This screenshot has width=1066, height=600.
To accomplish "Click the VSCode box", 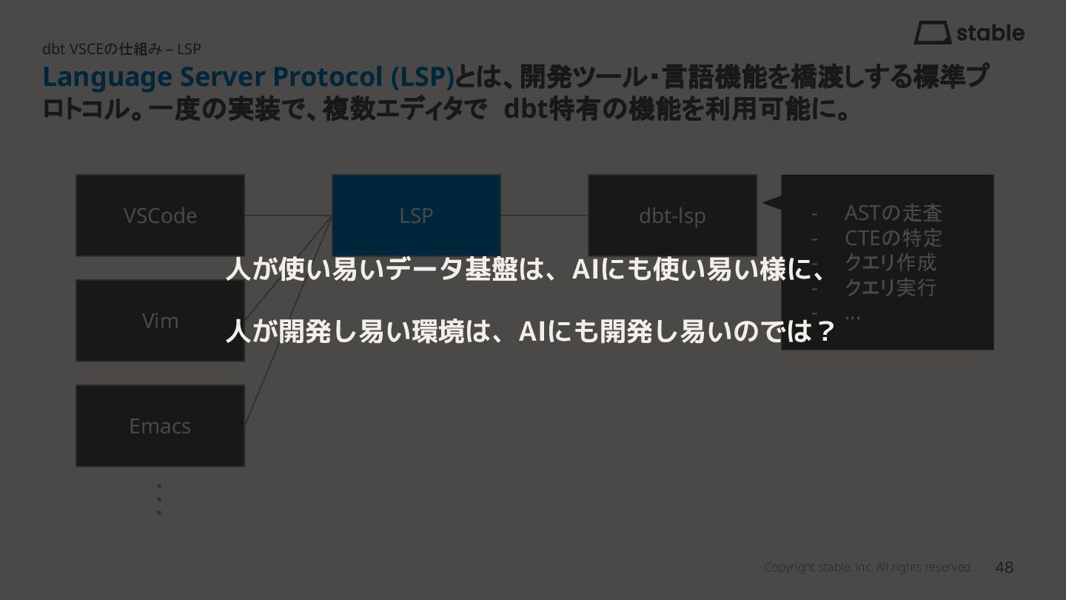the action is coord(160,216).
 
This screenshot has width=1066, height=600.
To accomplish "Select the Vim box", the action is coord(160,321).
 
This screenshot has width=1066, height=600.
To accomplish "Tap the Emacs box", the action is coord(160,426).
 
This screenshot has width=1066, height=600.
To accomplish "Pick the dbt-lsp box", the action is coord(672,216).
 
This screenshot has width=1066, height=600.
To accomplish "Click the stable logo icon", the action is coord(932,33).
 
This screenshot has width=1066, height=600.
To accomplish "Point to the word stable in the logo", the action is coord(990,33).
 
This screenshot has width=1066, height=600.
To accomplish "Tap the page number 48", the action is coord(1005,567).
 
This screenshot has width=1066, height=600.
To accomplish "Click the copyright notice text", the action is coord(868,567).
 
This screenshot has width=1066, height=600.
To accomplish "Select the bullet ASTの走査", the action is coord(893,213).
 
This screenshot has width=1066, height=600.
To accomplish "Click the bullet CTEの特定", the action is coord(893,238).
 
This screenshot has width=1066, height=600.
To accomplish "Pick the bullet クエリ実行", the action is coord(891,287).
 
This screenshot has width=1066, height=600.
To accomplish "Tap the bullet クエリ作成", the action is coord(891,262).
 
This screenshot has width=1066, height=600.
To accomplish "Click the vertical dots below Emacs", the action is coord(159,499).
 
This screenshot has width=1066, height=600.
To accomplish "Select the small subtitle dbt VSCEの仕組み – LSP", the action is coord(121,49).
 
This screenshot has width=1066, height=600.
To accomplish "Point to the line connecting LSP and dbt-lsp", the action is coord(544,216).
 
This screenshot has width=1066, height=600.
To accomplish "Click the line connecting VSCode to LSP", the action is coord(288,216).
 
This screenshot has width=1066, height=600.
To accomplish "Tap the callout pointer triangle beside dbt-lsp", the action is coord(771,201).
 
